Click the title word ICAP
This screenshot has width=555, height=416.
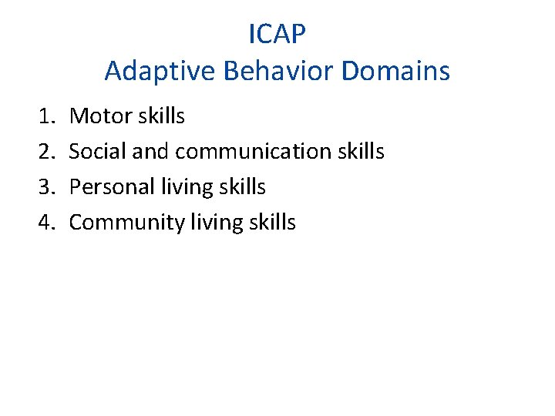tap(277, 34)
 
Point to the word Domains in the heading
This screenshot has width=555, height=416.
tap(396, 72)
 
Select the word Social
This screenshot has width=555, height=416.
tap(98, 152)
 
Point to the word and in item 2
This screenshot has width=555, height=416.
tap(150, 152)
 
